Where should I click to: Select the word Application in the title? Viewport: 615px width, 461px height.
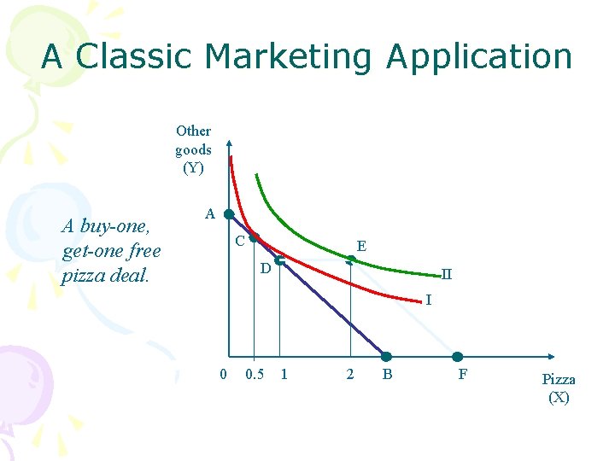[x=478, y=56]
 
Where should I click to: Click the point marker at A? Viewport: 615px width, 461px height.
[x=229, y=213]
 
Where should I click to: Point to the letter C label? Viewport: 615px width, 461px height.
[x=240, y=242]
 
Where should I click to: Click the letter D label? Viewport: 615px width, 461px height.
[x=266, y=269]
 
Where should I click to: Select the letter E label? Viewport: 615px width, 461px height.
[x=361, y=246]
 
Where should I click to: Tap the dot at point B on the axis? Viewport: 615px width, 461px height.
[x=386, y=357]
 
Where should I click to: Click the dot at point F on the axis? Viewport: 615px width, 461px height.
[x=458, y=357]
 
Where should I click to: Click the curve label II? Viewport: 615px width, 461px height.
[x=446, y=275]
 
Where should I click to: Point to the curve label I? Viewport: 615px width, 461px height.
[x=429, y=300]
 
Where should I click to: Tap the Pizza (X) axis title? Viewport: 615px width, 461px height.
[x=559, y=388]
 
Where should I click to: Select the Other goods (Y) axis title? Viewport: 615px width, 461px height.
[x=194, y=149]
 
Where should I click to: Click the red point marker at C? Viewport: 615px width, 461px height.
[x=253, y=240]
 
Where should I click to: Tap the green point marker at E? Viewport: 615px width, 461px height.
[x=351, y=259]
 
